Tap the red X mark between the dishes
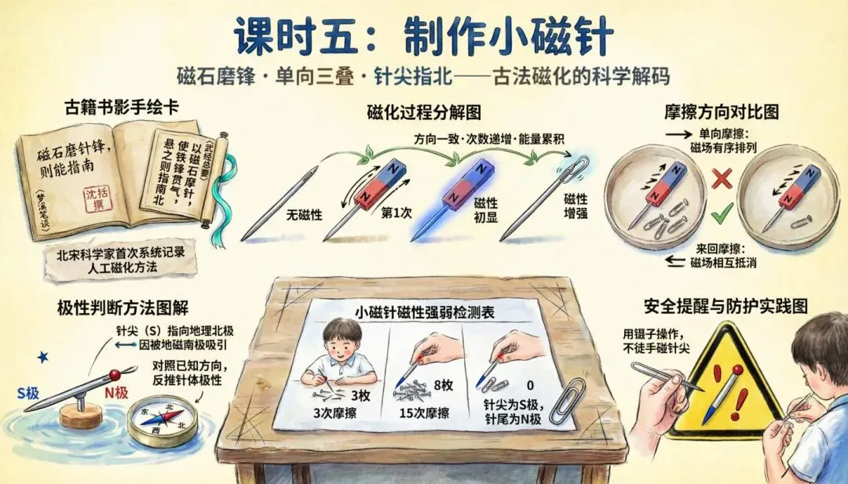click(x=722, y=178)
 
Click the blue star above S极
click(x=42, y=357)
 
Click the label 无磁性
click(x=304, y=215)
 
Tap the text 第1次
click(x=397, y=213)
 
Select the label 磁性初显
click(x=486, y=210)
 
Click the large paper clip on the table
click(x=568, y=402)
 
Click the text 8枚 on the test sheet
click(x=444, y=385)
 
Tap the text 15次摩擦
click(x=424, y=413)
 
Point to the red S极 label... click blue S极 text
click(x=28, y=393)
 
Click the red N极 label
click(x=116, y=393)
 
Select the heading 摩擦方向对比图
click(x=722, y=111)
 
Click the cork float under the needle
click(x=81, y=416)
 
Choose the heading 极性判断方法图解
click(x=122, y=308)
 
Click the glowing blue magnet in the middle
click(x=468, y=183)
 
